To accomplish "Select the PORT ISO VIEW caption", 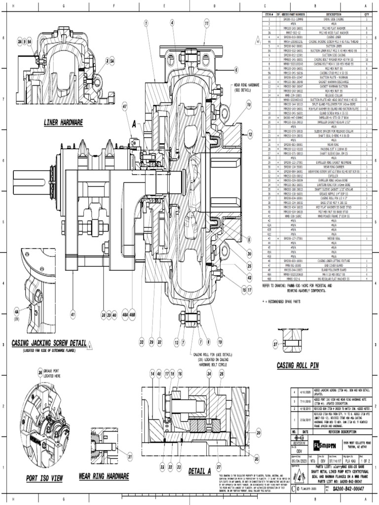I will (x=44, y=478).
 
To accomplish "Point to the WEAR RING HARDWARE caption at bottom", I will (x=105, y=477).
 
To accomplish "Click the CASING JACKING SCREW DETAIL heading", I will (x=49, y=343).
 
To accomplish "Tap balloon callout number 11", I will (x=206, y=23).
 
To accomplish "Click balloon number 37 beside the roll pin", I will (x=275, y=344).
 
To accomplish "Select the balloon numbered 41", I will (x=73, y=313).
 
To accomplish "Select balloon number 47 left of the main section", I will (x=125, y=106).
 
